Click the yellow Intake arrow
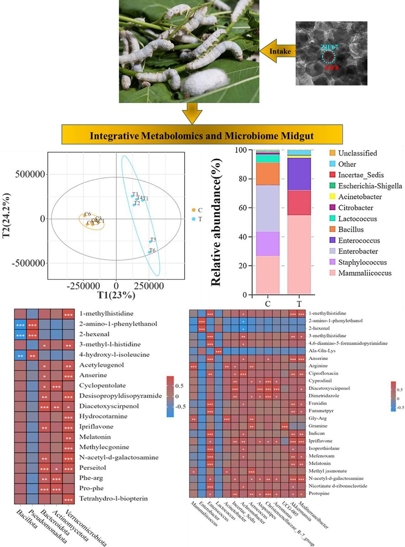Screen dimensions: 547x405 (279, 52)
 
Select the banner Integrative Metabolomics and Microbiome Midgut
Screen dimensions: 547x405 (202, 136)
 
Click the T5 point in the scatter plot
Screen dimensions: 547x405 (151, 241)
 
